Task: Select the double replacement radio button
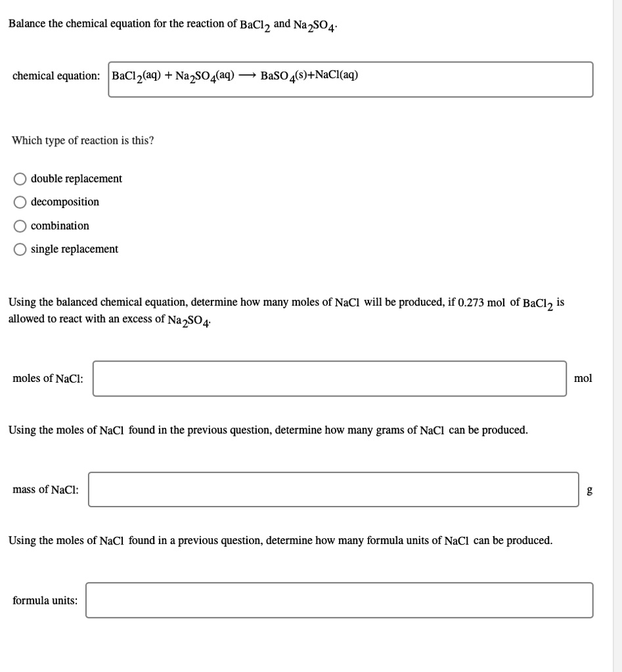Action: (x=21, y=179)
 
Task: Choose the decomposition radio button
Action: (x=21, y=202)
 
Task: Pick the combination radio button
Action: (x=21, y=226)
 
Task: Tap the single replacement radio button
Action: (x=21, y=249)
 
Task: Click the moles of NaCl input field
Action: (x=329, y=379)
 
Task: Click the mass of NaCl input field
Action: (x=333, y=490)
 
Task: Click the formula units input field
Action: (x=339, y=600)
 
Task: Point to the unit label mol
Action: (x=583, y=379)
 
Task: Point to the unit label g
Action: (x=589, y=490)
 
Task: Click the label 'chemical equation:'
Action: (x=56, y=75)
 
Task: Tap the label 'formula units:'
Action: (x=45, y=600)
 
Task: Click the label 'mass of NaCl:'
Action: (x=45, y=490)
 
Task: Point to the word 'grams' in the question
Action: (x=390, y=430)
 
